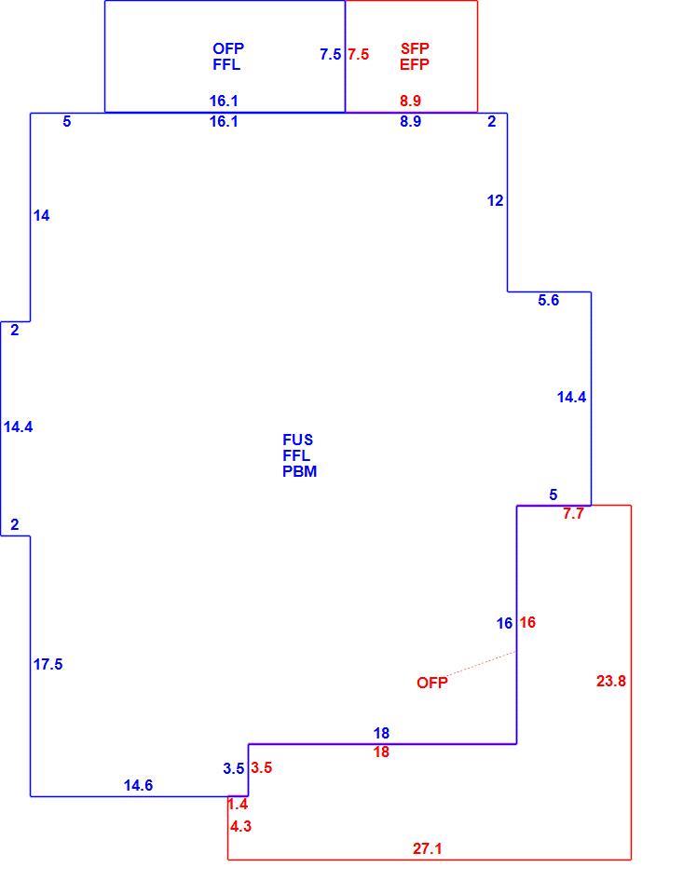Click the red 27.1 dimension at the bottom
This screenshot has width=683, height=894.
pyautogui.click(x=428, y=848)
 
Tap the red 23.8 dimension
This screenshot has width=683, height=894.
pyautogui.click(x=611, y=681)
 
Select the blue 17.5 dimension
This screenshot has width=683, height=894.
pyautogui.click(x=48, y=664)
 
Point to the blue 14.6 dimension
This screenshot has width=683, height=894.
pyautogui.click(x=138, y=785)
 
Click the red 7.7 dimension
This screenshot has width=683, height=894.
pyautogui.click(x=573, y=514)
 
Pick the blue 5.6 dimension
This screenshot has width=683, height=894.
pyautogui.click(x=548, y=300)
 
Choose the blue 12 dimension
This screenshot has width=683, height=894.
pyautogui.click(x=496, y=201)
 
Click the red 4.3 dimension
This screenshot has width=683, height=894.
pyautogui.click(x=240, y=826)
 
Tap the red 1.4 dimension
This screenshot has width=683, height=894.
pyautogui.click(x=238, y=804)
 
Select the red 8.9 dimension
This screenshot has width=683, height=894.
pyautogui.click(x=410, y=101)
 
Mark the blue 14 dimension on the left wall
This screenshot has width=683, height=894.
pyautogui.click(x=41, y=215)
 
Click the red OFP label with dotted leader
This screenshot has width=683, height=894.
pyautogui.click(x=432, y=683)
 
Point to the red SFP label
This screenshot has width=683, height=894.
pyautogui.click(x=415, y=48)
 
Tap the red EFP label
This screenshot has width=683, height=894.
pyautogui.click(x=415, y=64)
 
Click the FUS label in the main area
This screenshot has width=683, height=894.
pyautogui.click(x=298, y=440)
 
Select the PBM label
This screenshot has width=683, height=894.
pyautogui.click(x=299, y=471)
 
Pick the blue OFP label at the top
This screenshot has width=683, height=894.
pyautogui.click(x=228, y=48)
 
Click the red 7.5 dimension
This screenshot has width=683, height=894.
pyautogui.click(x=359, y=54)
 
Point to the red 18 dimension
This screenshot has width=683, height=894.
pyautogui.click(x=381, y=752)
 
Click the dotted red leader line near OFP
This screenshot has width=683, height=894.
pyautogui.click(x=482, y=664)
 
